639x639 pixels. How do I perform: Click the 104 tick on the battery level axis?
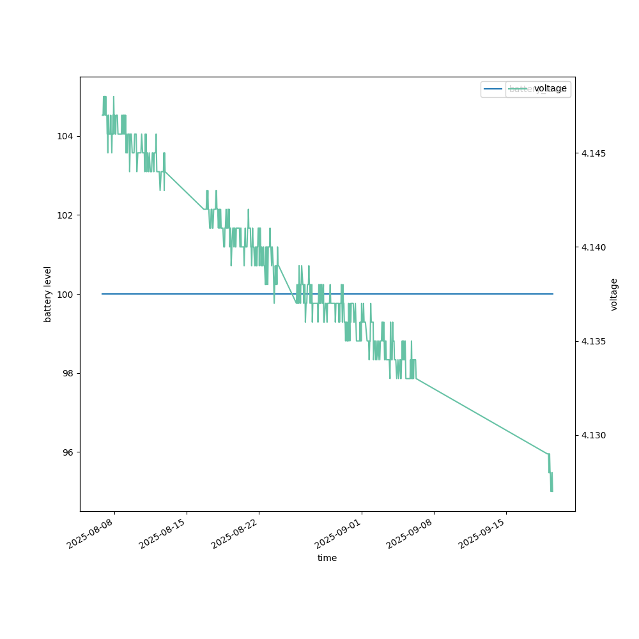67,136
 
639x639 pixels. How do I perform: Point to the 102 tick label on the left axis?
67,215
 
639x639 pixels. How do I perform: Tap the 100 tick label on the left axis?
67,294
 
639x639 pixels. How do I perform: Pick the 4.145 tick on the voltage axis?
592,153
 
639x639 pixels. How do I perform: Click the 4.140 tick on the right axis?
592,247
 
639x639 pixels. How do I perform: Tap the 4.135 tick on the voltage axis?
592,341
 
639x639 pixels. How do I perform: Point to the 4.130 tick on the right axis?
592,435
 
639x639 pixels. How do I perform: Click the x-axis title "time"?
327,558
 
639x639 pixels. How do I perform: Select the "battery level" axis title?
47,294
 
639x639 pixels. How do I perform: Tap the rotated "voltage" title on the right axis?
614,294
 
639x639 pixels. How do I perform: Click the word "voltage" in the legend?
550,89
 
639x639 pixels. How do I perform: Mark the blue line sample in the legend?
493,89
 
